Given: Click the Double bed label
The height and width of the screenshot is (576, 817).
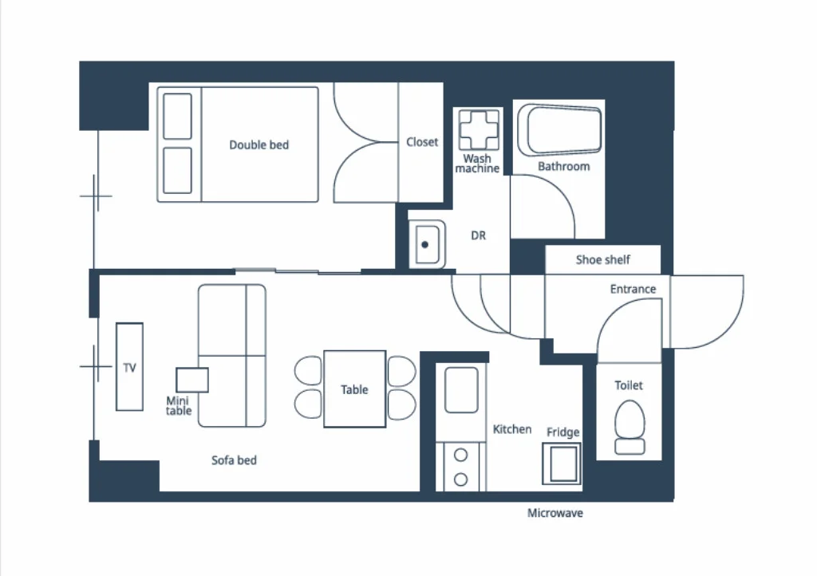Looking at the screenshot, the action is [x=259, y=144].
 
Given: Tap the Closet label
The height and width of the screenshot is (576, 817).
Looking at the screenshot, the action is [x=422, y=142].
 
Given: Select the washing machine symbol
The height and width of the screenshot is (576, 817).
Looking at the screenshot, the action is [x=479, y=129].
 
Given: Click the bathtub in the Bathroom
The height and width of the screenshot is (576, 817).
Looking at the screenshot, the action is [x=559, y=130].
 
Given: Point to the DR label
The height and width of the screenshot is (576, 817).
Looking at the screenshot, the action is [x=479, y=235].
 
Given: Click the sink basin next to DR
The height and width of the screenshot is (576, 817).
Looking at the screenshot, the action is [x=428, y=244].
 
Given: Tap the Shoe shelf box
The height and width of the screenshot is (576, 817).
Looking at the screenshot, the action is [x=603, y=259].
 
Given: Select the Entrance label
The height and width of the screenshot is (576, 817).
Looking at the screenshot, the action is [x=633, y=289].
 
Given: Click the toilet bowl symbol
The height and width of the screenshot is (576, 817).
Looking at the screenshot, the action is [x=630, y=427].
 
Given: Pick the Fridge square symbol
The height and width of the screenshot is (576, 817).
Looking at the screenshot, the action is [x=562, y=464].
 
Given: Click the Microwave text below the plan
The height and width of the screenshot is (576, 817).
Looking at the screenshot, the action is [x=555, y=513].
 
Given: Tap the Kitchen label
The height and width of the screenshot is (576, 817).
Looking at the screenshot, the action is [x=512, y=429].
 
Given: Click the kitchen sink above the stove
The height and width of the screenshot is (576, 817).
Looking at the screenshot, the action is [x=462, y=390].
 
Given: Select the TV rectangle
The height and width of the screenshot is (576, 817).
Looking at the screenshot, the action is [x=130, y=367].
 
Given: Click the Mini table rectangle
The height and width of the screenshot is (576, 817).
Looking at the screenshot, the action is [x=192, y=380].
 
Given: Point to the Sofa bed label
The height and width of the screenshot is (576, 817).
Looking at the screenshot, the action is [x=234, y=460].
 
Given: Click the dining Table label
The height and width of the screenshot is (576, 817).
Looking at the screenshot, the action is [x=354, y=389].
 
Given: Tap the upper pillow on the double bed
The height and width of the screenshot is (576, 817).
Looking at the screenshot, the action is [x=178, y=116].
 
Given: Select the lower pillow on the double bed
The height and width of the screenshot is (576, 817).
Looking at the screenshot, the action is [x=178, y=170].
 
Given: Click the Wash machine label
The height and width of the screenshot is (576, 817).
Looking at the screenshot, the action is [x=477, y=164].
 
